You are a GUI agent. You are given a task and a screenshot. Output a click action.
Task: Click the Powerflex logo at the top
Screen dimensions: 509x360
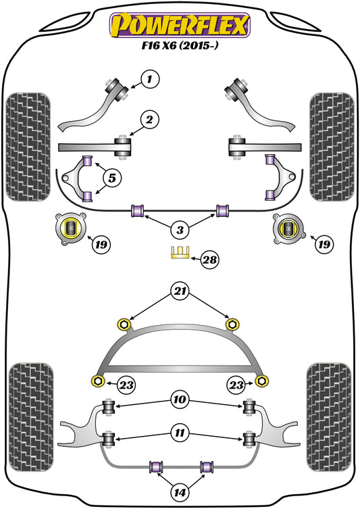[x=180, y=24]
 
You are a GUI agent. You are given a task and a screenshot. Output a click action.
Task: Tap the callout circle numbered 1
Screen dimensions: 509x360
[x=151, y=80]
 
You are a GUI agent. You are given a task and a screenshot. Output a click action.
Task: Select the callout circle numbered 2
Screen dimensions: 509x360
[x=150, y=121]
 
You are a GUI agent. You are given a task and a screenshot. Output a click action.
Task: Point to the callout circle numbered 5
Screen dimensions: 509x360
[x=111, y=179]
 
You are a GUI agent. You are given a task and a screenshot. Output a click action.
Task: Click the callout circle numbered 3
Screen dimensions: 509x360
[x=179, y=231]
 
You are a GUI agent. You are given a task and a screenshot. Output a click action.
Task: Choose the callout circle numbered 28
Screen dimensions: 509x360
[x=209, y=258]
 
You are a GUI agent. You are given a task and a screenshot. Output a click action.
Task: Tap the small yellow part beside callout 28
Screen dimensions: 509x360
[x=180, y=254]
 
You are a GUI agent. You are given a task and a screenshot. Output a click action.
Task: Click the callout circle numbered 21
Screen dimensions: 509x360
[x=180, y=293]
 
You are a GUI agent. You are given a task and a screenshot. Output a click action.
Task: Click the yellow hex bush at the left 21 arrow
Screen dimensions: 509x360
[x=124, y=324]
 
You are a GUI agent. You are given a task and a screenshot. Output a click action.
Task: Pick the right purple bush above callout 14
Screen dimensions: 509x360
[x=206, y=466]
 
